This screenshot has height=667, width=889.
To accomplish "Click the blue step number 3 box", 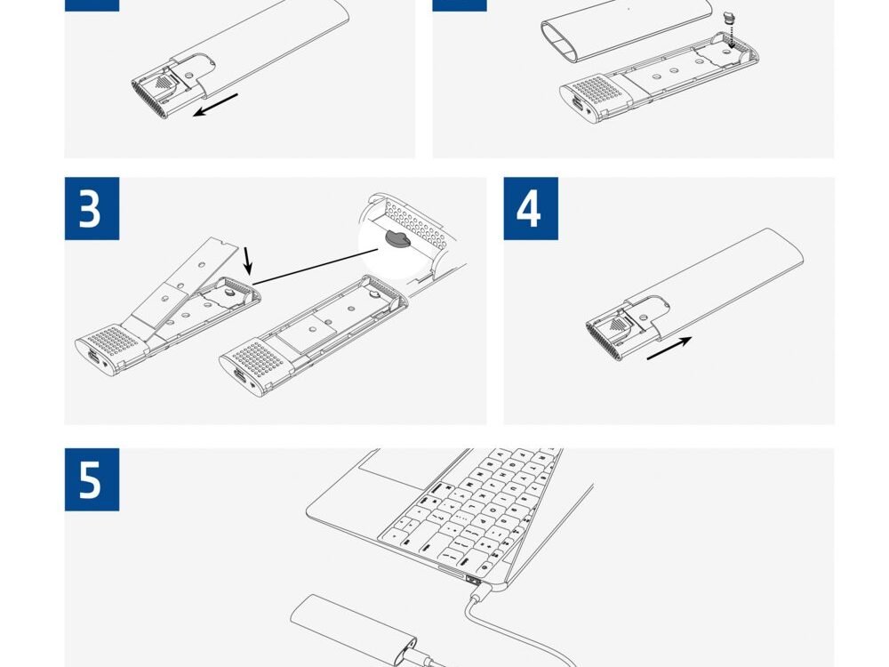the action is [x=92, y=208].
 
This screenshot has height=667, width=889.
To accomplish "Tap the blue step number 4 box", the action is [x=531, y=208].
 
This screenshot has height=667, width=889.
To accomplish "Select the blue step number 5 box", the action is [x=92, y=479].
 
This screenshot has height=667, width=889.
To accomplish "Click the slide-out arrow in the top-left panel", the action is [x=215, y=105].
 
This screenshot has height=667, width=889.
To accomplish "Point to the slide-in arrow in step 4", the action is [x=669, y=348].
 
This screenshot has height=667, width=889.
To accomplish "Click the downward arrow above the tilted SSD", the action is [x=247, y=261].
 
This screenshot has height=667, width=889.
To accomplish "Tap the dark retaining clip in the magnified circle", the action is [x=398, y=238].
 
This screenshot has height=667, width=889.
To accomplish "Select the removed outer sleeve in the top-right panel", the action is [x=627, y=28].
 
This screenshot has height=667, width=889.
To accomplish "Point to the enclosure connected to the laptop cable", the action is [x=355, y=630].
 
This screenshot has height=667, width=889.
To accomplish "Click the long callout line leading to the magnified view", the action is [x=316, y=266].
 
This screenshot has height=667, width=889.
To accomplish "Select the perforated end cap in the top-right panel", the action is [x=596, y=100].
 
